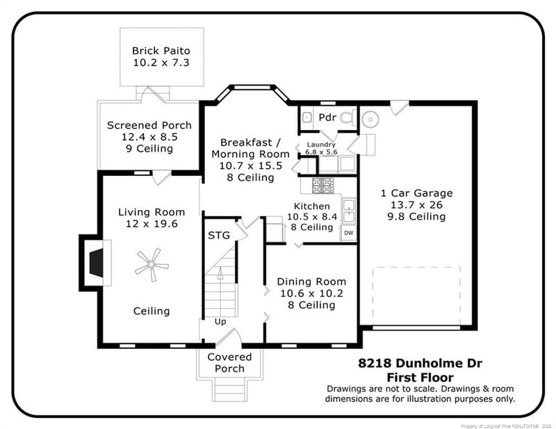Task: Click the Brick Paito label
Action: coord(161,51)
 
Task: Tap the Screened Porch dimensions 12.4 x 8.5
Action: coord(149,137)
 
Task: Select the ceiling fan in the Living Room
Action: coord(152,264)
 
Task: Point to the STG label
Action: coord(219,235)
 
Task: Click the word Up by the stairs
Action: coord(220,322)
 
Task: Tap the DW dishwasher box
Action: coord(349,233)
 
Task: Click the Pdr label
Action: coord(327,118)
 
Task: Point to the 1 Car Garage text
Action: coord(416,193)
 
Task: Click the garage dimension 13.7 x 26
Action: coord(416,204)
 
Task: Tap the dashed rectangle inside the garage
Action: coord(416,295)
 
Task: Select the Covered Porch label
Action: coord(229,362)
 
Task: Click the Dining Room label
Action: coord(311,282)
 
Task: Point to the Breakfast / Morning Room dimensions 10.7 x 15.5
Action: coord(250,165)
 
